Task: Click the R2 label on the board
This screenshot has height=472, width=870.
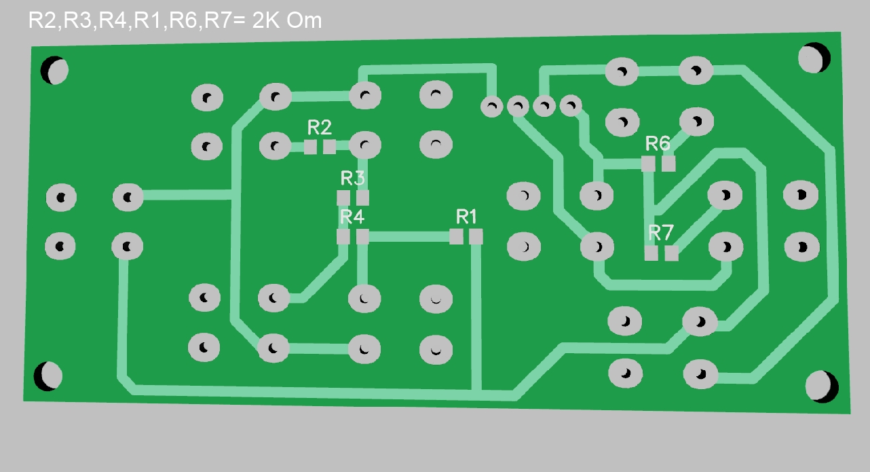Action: (320, 127)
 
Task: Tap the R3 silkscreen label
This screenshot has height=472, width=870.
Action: (352, 179)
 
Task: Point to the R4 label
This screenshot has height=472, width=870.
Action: (352, 217)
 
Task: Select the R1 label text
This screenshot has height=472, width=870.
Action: (466, 217)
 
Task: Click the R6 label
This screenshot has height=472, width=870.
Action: (658, 143)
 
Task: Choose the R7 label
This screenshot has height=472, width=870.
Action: (661, 233)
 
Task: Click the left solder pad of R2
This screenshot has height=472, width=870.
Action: (310, 147)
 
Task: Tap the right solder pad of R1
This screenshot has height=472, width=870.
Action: (476, 236)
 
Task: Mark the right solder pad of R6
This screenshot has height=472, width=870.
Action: (669, 164)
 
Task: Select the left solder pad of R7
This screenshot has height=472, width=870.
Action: (651, 253)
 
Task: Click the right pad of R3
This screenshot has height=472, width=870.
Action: (362, 198)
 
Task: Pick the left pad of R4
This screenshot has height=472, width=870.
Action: (343, 237)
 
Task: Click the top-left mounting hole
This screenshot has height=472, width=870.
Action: (54, 70)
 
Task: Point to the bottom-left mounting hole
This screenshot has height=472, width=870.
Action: (51, 376)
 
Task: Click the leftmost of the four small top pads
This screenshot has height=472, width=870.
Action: (491, 106)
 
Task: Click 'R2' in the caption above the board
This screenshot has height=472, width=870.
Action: (43, 20)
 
